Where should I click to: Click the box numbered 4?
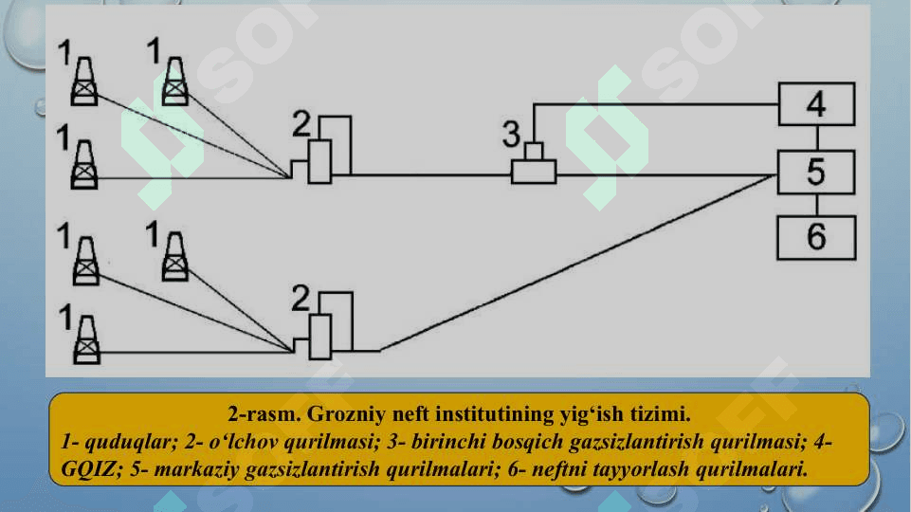click(x=816, y=104)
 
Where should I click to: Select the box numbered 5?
click(x=816, y=172)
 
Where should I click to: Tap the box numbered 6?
click(x=816, y=237)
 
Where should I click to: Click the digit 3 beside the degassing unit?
click(x=511, y=135)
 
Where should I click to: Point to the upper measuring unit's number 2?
click(x=301, y=124)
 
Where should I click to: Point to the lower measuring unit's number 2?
click(x=301, y=298)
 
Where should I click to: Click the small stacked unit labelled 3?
click(x=534, y=163)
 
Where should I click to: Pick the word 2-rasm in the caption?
click(x=264, y=413)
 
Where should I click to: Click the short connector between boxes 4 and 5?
click(x=817, y=138)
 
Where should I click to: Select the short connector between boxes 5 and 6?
click(x=817, y=205)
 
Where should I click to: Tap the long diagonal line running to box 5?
click(x=578, y=263)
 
